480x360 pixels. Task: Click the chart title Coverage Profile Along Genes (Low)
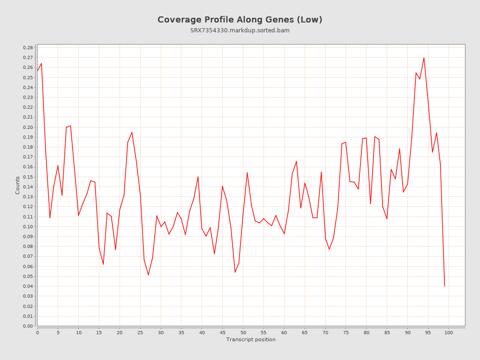click(x=240, y=20)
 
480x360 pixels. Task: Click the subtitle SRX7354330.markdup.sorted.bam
click(x=240, y=30)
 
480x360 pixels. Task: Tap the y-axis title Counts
click(x=18, y=185)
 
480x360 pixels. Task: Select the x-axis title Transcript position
click(x=251, y=339)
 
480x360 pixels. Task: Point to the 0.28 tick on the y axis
click(x=28, y=48)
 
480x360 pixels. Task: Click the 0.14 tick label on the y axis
click(x=28, y=187)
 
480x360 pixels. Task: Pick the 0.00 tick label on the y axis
click(x=28, y=326)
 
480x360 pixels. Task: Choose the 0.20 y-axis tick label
click(x=28, y=127)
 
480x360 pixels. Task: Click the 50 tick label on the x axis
click(x=243, y=333)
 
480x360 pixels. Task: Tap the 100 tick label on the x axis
click(x=449, y=333)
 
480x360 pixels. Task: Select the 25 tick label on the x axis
click(x=140, y=333)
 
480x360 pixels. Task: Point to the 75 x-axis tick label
click(x=346, y=333)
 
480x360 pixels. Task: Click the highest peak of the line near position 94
click(x=424, y=58)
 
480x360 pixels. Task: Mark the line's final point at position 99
click(x=444, y=286)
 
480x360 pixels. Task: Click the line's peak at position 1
click(x=42, y=63)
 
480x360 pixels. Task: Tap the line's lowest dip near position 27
click(x=149, y=275)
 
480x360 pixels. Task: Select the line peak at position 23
click(x=132, y=132)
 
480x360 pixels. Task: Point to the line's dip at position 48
click(x=235, y=272)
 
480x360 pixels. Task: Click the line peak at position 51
click(x=247, y=172)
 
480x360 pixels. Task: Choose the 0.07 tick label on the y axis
click(x=28, y=256)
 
